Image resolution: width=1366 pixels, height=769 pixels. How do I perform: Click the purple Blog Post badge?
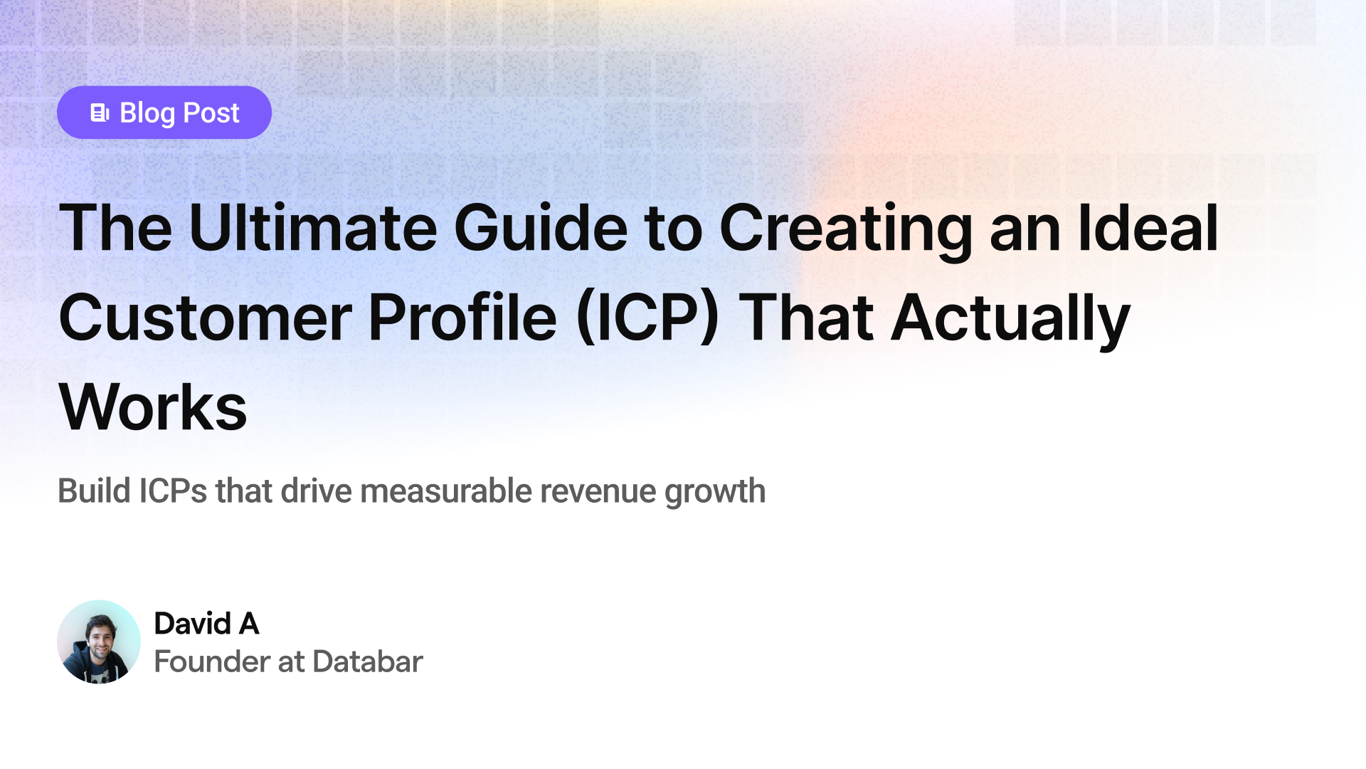click(164, 113)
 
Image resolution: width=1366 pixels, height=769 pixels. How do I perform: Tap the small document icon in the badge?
click(100, 113)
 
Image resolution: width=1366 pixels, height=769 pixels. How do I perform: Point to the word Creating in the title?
click(846, 231)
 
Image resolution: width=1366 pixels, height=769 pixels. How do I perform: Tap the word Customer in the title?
click(205, 318)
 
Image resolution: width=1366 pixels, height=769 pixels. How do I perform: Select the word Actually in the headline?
click(1010, 320)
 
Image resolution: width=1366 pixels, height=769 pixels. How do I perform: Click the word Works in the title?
click(153, 407)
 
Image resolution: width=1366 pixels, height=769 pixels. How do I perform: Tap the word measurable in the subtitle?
click(446, 491)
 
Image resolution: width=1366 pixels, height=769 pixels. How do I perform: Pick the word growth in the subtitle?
click(715, 493)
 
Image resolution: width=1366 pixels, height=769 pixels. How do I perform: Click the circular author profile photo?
click(99, 642)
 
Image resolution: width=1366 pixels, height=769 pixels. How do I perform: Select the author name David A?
click(206, 624)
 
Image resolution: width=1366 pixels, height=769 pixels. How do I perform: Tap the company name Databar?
click(368, 661)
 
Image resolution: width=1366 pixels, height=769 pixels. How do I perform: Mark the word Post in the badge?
click(211, 113)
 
